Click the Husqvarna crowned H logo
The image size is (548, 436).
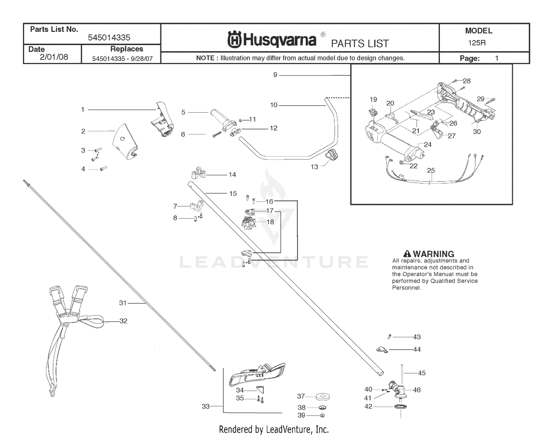234,39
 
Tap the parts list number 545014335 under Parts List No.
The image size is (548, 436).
109,38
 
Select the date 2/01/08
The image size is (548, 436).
54,57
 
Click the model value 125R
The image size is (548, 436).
477,42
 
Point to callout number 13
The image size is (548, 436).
315,167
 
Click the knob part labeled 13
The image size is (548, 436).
332,155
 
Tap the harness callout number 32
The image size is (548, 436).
123,321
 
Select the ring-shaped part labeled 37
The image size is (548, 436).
323,397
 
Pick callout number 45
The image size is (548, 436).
422,373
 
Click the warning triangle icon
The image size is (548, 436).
407,254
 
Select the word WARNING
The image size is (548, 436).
433,254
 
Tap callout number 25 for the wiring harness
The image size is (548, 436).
431,170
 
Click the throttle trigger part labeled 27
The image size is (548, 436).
437,131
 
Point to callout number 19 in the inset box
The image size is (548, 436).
373,99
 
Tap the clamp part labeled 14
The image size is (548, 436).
198,173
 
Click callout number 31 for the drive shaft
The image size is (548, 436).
123,303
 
